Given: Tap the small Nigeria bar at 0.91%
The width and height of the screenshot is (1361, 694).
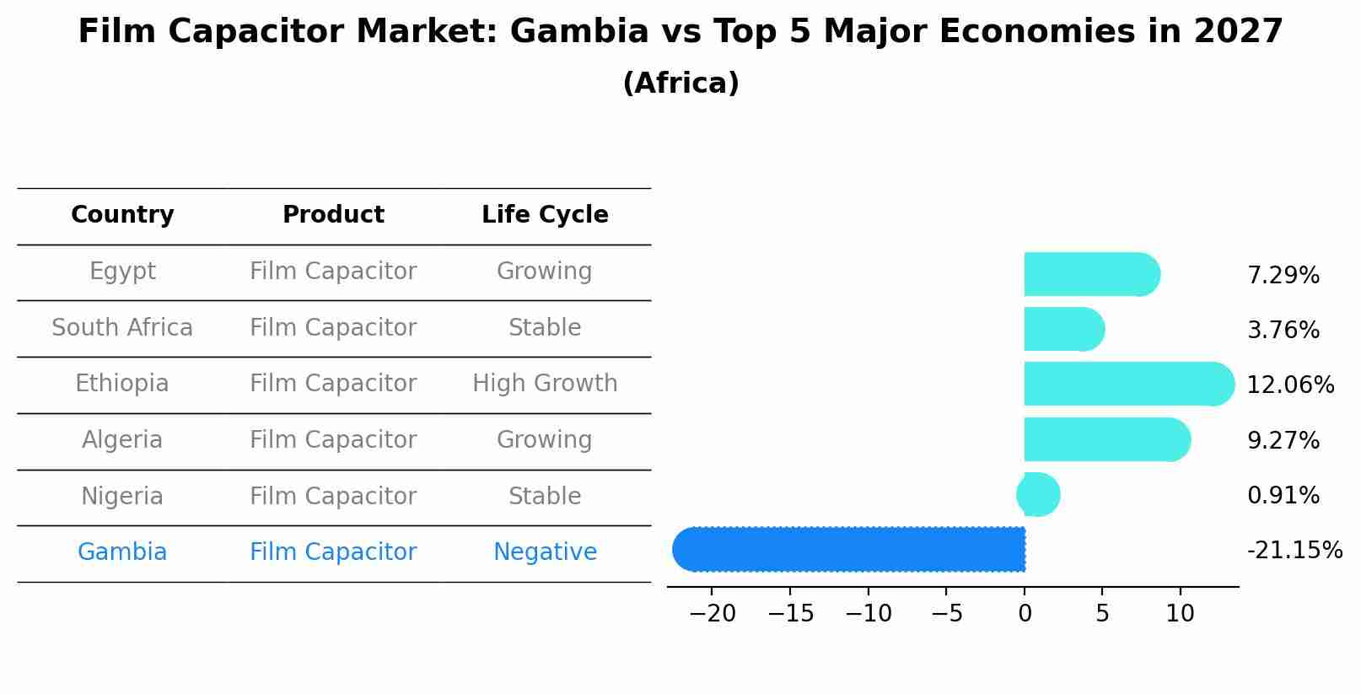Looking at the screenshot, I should click(x=1038, y=495).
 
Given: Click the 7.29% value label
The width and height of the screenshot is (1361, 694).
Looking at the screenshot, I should click(x=1283, y=276).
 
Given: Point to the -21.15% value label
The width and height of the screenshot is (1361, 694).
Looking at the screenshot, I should click(x=1294, y=551).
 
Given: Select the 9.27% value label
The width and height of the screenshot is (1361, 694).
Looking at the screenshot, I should click(x=1283, y=440).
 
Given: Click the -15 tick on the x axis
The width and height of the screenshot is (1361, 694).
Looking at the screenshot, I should click(x=790, y=614).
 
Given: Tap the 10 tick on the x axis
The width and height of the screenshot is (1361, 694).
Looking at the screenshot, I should click(x=1180, y=614).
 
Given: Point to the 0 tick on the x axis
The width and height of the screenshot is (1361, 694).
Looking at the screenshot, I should click(x=1025, y=614).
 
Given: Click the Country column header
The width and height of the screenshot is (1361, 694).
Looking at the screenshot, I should click(x=122, y=215).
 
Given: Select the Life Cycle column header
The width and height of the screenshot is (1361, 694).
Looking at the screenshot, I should click(x=545, y=215).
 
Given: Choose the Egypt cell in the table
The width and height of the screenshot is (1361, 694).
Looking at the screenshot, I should click(x=122, y=272).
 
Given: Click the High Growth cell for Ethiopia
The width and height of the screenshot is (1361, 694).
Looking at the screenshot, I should click(x=545, y=384).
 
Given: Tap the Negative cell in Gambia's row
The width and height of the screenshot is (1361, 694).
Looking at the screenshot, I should click(x=545, y=552).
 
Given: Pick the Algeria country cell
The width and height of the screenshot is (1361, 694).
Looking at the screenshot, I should click(x=122, y=440).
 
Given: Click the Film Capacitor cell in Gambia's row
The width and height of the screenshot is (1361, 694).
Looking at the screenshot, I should click(x=333, y=552).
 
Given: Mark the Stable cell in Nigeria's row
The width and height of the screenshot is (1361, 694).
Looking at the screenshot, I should click(x=545, y=496).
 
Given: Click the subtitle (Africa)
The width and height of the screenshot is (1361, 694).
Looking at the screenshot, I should click(x=680, y=83).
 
